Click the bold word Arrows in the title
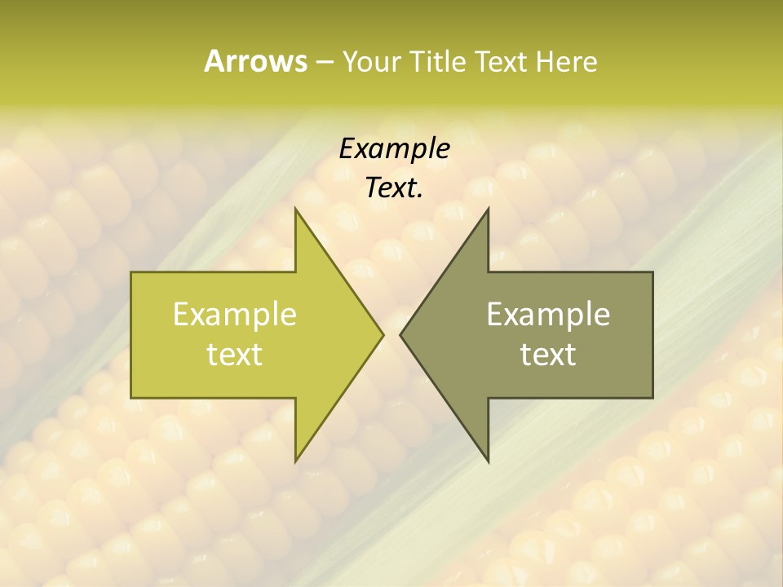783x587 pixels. [x=254, y=61]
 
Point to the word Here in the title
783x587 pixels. [x=567, y=62]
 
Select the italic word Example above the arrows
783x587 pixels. [x=394, y=149]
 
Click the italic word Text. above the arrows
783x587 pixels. [x=394, y=188]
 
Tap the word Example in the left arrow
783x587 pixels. [x=235, y=314]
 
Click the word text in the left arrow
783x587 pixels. [x=235, y=355]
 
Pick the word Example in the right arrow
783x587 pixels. [x=548, y=314]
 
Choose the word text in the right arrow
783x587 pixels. [x=548, y=355]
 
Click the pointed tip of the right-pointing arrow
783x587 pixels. [x=382, y=334]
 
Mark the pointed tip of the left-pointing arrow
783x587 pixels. [x=401, y=334]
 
